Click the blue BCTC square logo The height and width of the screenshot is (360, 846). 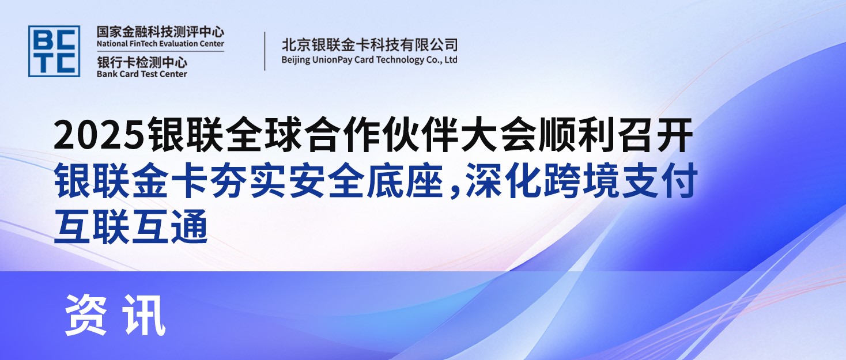[54, 51]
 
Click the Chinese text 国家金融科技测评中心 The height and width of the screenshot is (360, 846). [160, 31]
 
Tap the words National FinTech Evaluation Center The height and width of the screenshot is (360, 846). [160, 44]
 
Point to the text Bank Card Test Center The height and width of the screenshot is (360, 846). [142, 74]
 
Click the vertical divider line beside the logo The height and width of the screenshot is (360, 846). [265, 51]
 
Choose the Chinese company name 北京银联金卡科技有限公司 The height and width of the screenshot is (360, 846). [369, 44]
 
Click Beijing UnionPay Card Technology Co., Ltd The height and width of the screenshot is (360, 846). [369, 59]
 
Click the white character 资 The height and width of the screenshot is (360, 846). [86, 314]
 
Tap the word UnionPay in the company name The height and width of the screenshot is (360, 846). [343, 59]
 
